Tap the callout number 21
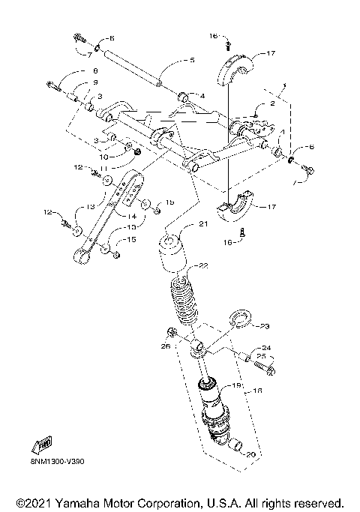pos(203,224)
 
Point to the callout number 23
pos(264,326)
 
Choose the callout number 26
pos(165,346)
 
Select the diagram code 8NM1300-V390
pos(58,463)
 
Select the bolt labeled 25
pos(264,368)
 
